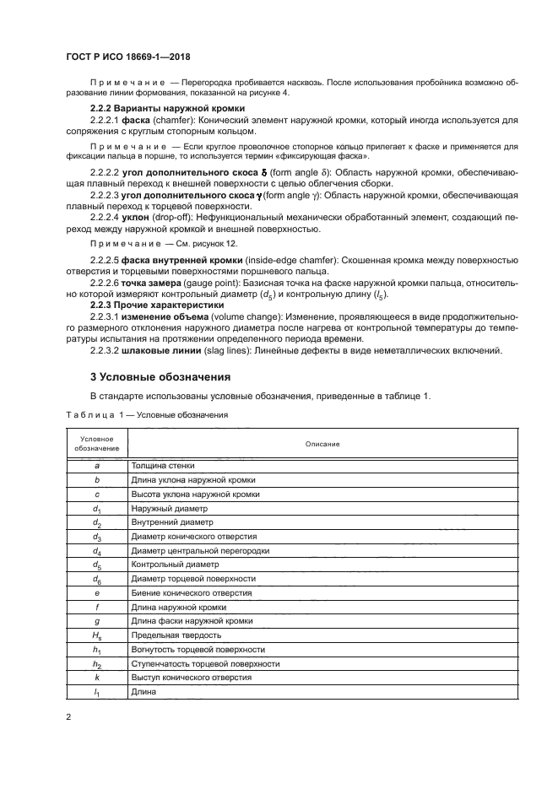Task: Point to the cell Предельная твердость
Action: point(175,635)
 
